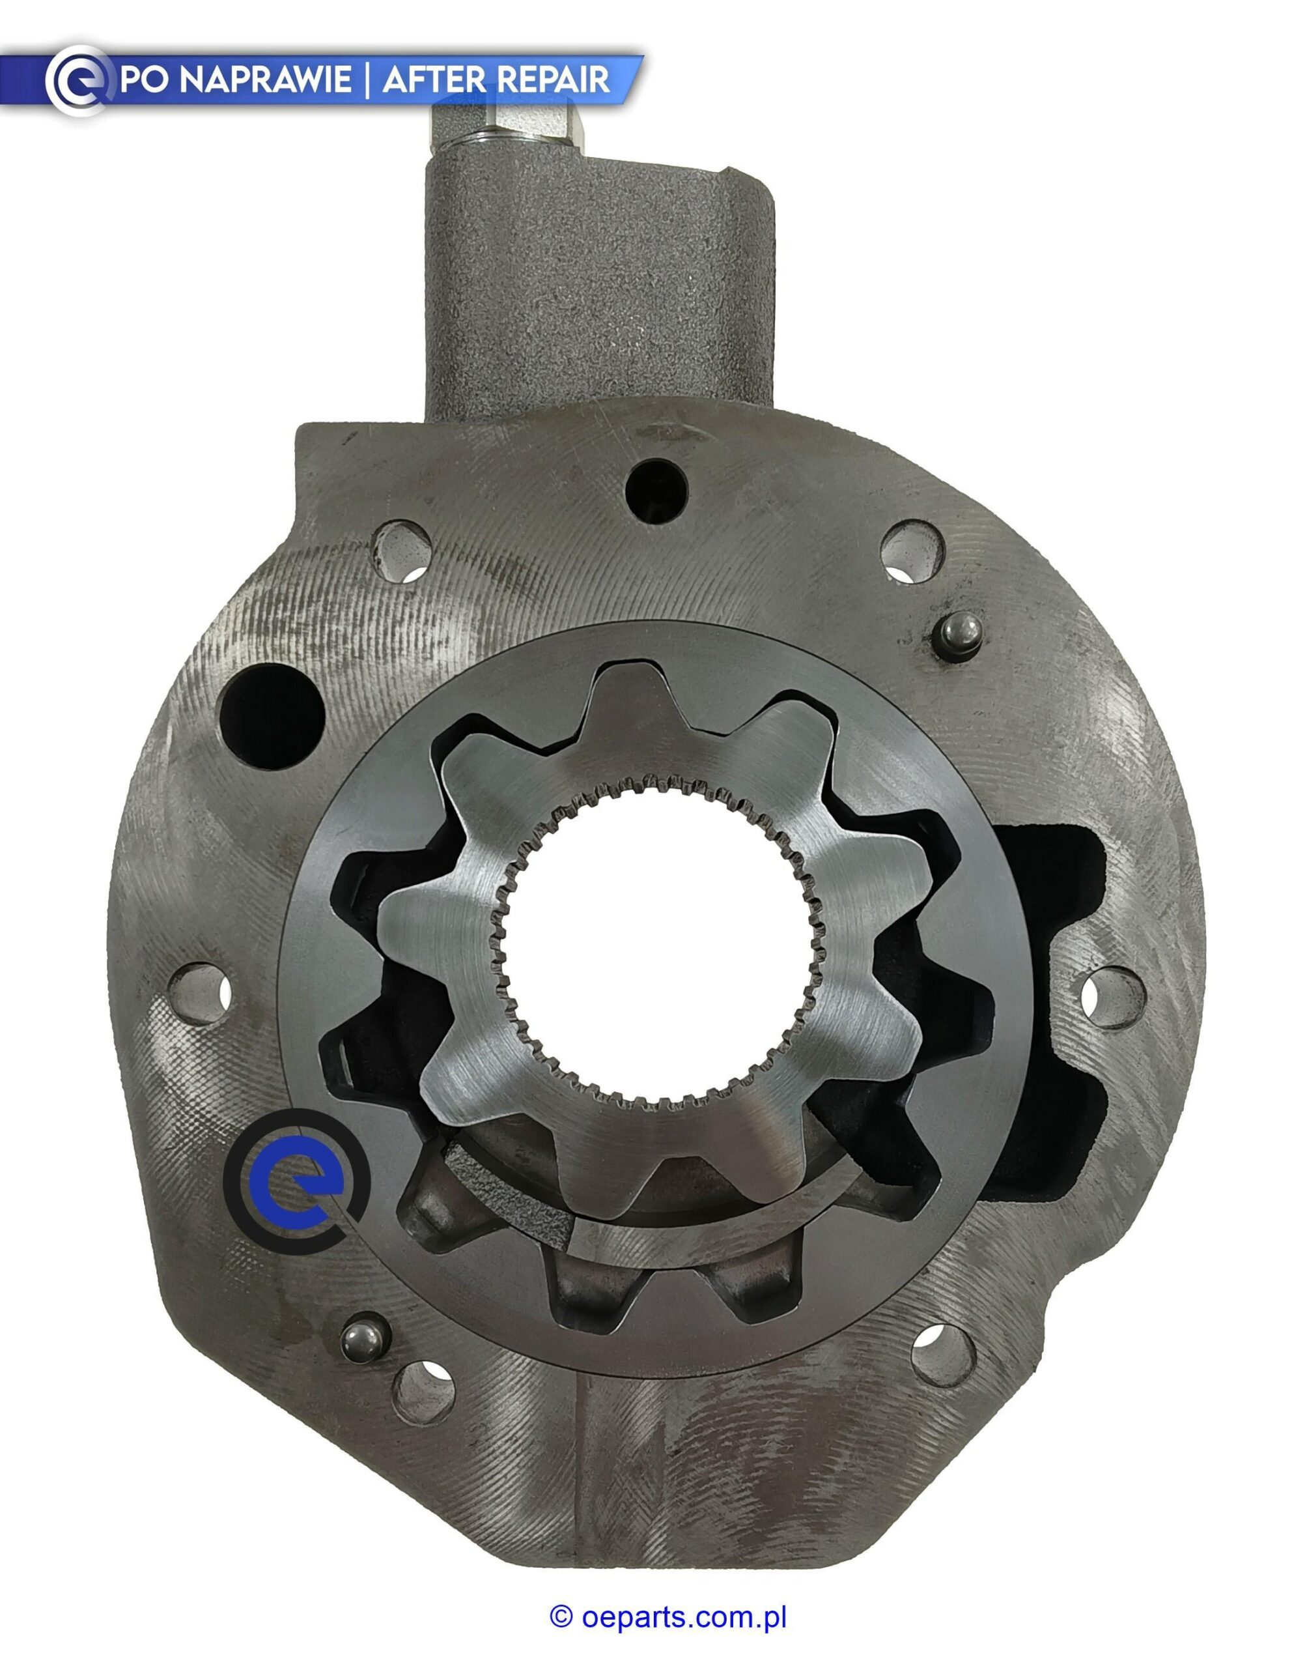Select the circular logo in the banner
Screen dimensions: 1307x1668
point(77,80)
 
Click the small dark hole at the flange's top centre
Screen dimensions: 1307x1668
point(656,491)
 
